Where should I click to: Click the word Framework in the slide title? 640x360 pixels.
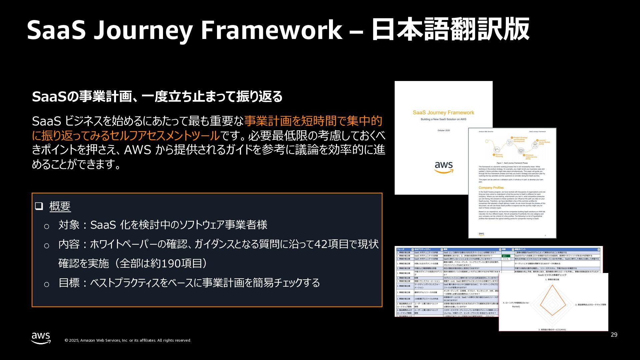pos(271,30)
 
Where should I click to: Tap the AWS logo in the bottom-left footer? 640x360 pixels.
pos(41,338)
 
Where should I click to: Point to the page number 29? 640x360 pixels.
pos(614,335)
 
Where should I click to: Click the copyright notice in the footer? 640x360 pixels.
pos(128,340)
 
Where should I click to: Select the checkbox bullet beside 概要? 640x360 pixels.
pos(39,206)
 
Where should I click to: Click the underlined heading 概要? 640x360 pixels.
pos(60,206)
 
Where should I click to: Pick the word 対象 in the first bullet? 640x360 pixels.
pos(69,225)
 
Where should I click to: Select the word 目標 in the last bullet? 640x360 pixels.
pos(69,283)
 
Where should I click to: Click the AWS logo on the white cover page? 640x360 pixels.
pos(444,167)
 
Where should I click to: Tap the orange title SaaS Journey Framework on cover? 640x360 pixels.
pos(443,113)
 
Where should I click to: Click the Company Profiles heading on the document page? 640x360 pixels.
pos(491,188)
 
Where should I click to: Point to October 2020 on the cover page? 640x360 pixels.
pos(443,130)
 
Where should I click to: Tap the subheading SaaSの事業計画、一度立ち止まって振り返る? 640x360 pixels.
pos(157,97)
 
